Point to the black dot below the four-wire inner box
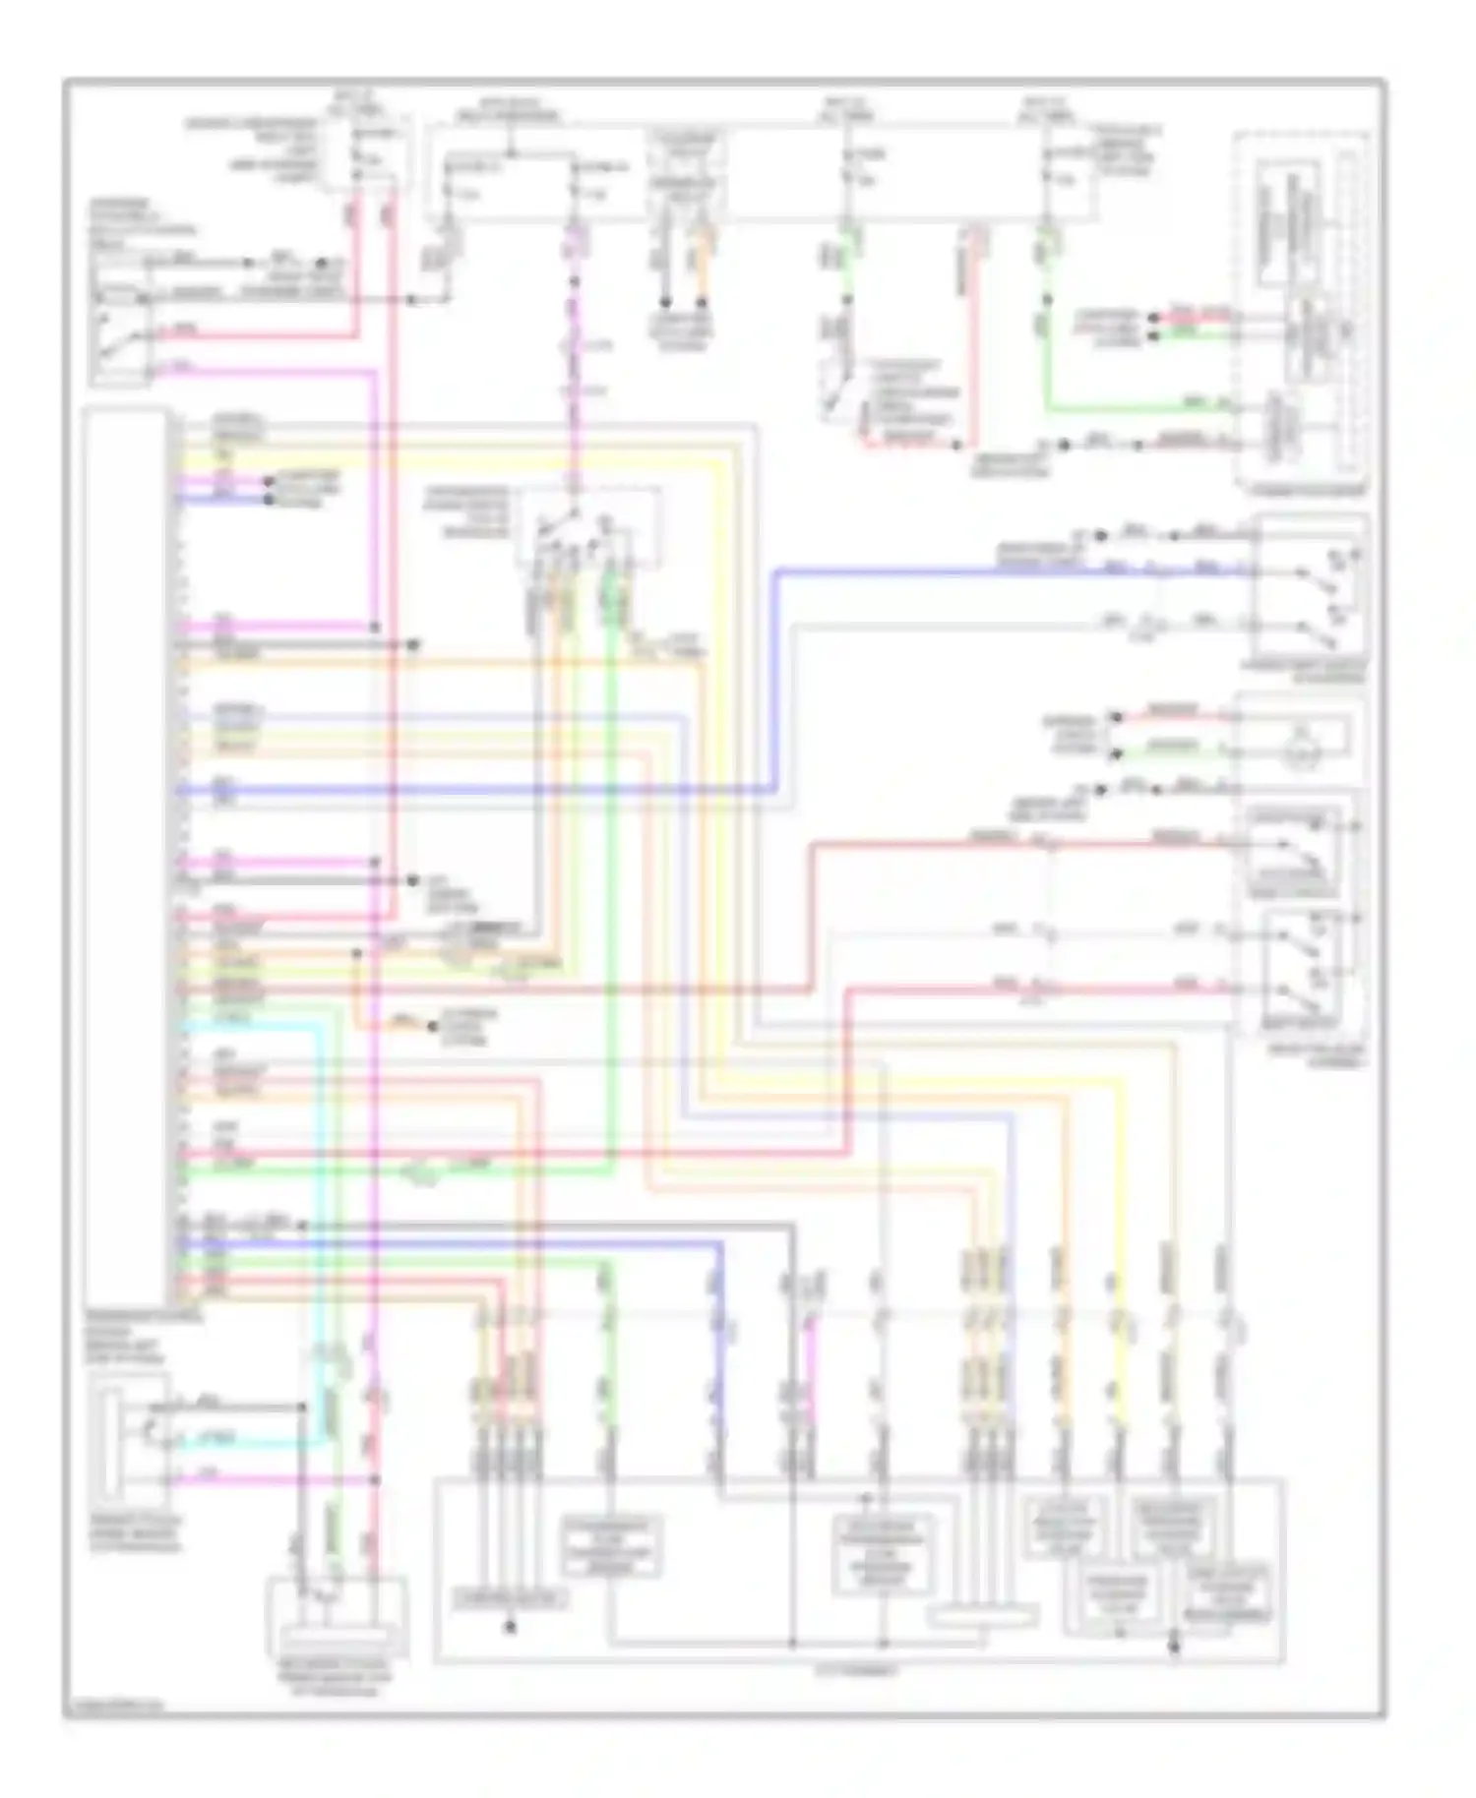[509, 1628]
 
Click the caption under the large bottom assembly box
[856, 1670]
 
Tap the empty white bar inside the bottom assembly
[984, 1615]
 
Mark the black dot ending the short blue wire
[268, 499]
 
